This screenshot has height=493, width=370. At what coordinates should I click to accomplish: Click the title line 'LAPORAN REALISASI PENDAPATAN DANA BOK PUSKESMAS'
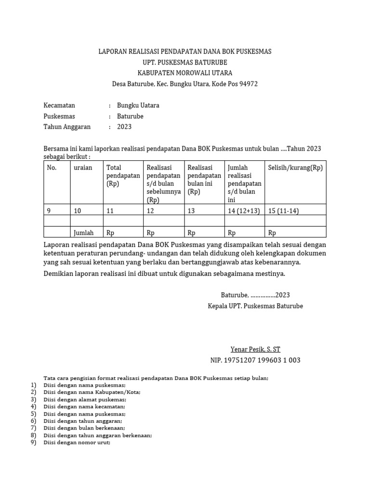tap(185, 52)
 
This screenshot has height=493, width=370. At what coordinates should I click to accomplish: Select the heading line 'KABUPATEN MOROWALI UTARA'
tap(185, 73)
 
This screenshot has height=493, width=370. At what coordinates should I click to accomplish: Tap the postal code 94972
tap(247, 84)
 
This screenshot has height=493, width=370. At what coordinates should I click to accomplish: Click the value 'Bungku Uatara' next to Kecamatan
tap(138, 105)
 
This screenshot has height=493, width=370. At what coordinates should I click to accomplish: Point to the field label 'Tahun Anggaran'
tap(67, 127)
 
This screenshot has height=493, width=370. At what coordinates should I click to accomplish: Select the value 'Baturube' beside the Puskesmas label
tap(130, 117)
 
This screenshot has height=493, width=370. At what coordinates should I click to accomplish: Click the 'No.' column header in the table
tap(52, 168)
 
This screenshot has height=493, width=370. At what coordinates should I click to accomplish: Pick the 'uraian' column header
tap(83, 168)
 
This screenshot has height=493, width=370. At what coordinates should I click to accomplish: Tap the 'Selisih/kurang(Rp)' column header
tap(295, 168)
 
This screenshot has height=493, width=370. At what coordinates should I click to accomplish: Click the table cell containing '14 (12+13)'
tap(244, 210)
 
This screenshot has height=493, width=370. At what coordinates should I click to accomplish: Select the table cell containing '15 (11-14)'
tap(285, 210)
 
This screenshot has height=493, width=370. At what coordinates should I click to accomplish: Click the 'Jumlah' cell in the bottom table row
tap(84, 233)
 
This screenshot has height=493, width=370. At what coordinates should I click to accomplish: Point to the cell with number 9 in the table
tap(49, 210)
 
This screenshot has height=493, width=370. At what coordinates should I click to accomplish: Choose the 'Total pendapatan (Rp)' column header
tap(123, 176)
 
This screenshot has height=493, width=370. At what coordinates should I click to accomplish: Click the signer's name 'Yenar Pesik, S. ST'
tap(255, 350)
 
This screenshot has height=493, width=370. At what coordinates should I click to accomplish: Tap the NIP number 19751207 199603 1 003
tap(255, 361)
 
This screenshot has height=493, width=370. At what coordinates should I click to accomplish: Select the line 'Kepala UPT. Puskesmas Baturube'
tap(255, 306)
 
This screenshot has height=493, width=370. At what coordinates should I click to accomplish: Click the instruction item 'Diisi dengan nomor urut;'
tap(77, 443)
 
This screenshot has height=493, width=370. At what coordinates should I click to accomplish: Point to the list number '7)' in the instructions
tap(33, 428)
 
